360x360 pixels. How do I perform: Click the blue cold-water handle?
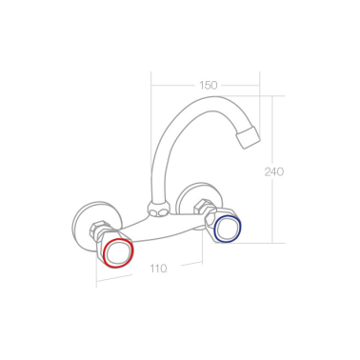click(x=229, y=229)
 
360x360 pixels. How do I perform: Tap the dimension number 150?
click(x=208, y=86)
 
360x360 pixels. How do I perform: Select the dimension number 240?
click(x=275, y=171)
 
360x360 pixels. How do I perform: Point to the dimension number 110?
click(x=159, y=268)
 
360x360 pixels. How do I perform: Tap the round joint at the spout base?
click(x=158, y=207)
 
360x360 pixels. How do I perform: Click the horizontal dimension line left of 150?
click(x=171, y=86)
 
